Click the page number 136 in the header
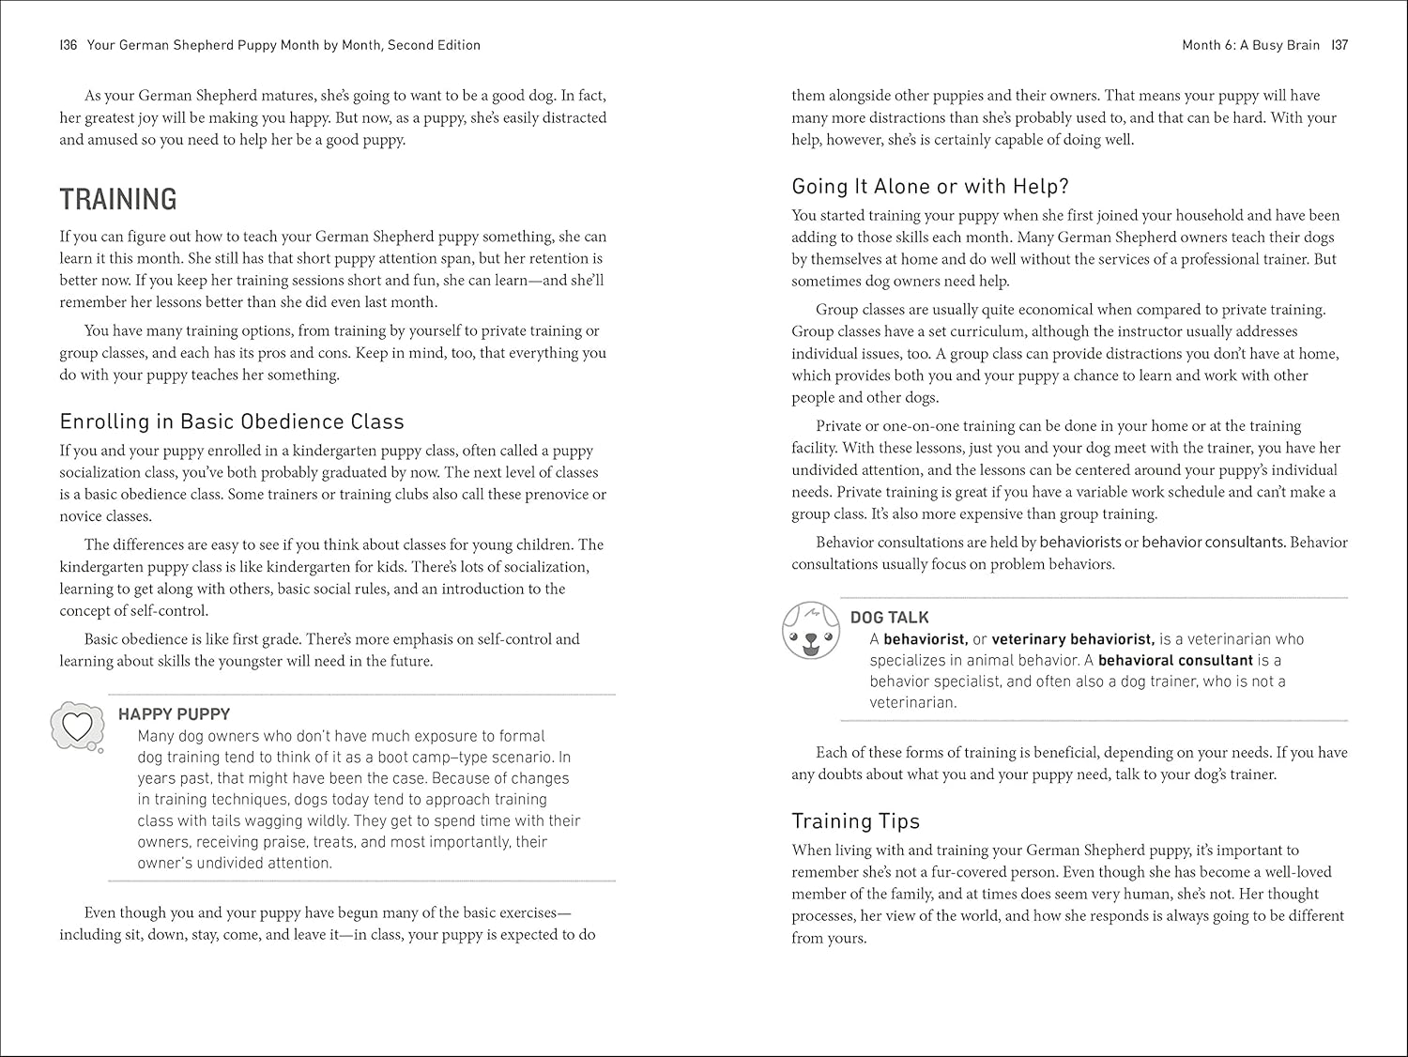68,45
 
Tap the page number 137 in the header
1339,45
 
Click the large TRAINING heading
118,199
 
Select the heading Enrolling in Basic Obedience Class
232,421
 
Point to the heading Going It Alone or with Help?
930,186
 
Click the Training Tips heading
855,820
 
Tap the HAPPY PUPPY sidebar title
174,714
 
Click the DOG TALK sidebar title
889,618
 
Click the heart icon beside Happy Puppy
77,726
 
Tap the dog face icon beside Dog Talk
808,630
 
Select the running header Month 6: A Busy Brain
1250,45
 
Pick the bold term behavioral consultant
1175,660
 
